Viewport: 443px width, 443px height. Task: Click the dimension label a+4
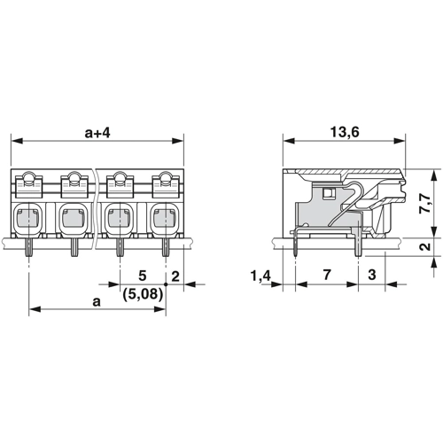pyautogui.click(x=97, y=133)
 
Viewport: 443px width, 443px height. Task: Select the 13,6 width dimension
pyautogui.click(x=345, y=132)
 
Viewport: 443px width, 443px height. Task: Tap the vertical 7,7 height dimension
pyautogui.click(x=425, y=203)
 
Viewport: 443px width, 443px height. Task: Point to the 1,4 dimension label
pyautogui.click(x=260, y=276)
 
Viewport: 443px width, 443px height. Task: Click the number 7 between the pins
pyautogui.click(x=326, y=275)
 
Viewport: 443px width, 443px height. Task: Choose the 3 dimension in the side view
pyautogui.click(x=372, y=275)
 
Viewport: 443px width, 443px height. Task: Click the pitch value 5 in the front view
pyautogui.click(x=143, y=276)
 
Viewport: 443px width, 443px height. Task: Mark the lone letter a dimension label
pyautogui.click(x=97, y=302)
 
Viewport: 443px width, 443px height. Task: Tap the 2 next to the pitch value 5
pyautogui.click(x=175, y=276)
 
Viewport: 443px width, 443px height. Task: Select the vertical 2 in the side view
pyautogui.click(x=425, y=246)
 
